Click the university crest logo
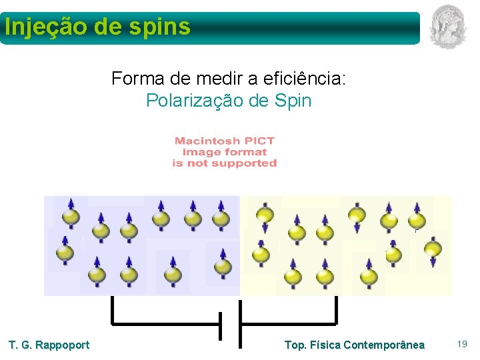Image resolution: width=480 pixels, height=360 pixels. coord(447,27)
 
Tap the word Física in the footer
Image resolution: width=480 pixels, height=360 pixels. coord(325,345)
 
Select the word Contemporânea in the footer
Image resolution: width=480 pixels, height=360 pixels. coord(384,345)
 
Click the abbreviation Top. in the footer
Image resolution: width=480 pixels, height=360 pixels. coord(295,345)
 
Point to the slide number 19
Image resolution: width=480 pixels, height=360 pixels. coord(462,344)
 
